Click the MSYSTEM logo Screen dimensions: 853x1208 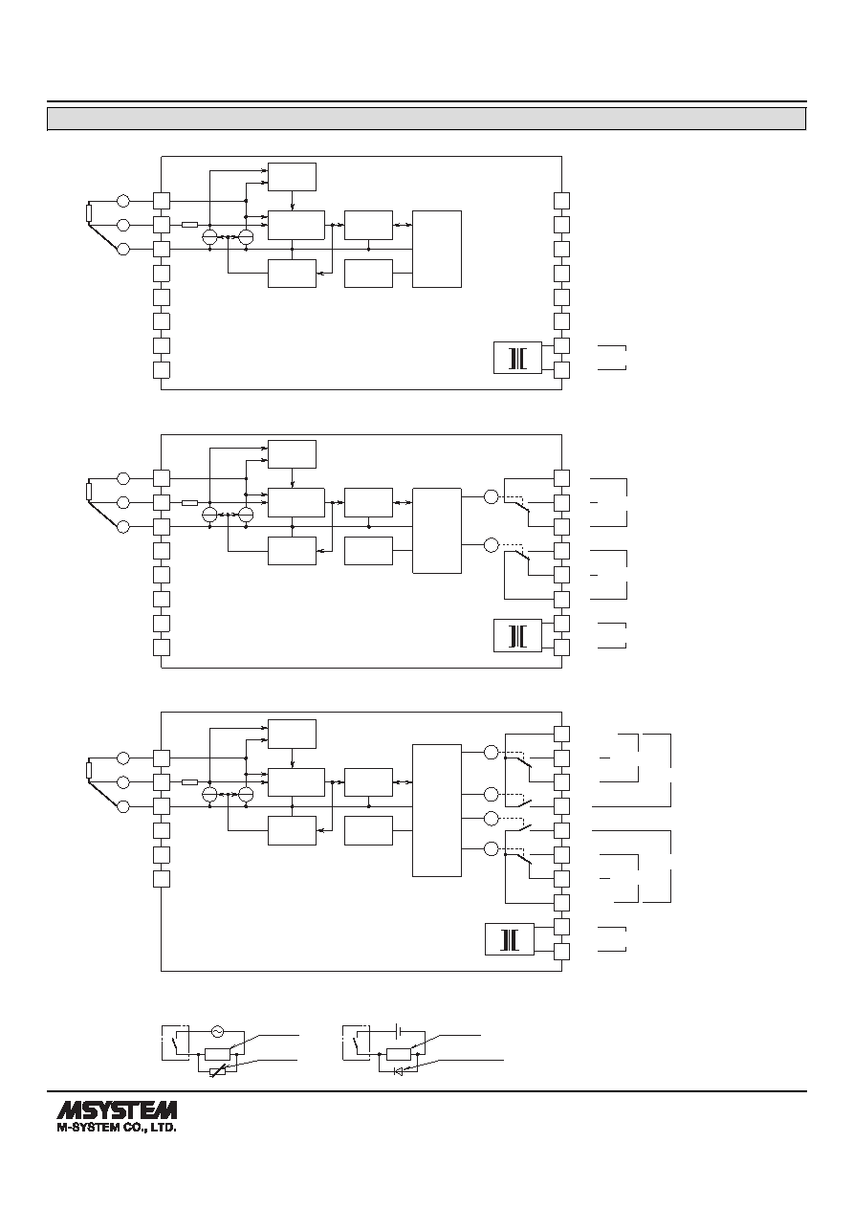pos(117,1110)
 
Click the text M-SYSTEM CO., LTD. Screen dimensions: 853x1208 pos(117,1127)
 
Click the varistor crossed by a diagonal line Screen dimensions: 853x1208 pos(218,1071)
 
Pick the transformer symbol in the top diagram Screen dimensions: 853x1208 pos(517,358)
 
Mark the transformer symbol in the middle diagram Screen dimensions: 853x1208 pos(517,636)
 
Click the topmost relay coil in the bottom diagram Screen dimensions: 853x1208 pos(491,752)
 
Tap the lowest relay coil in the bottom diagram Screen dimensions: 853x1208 pos(491,848)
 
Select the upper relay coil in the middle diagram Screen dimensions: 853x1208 pos(491,496)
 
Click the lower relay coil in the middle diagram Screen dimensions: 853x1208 pos(491,545)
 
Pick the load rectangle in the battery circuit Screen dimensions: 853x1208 pos(399,1054)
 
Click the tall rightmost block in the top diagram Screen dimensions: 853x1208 pos(437,249)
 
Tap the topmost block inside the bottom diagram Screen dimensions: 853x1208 pos(293,734)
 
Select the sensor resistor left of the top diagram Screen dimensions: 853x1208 pos(89,212)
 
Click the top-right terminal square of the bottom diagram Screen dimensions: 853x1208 pos(562,734)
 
